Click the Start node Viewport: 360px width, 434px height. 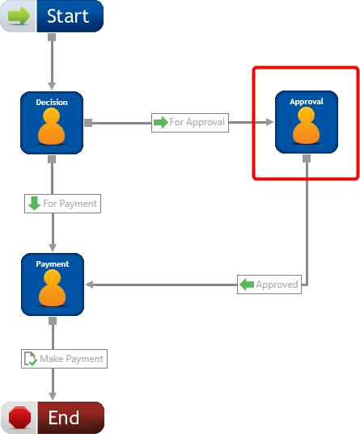(x=52, y=16)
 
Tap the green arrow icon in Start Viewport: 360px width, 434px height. (x=19, y=16)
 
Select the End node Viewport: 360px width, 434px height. (x=53, y=418)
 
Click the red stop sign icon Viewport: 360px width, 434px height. (x=19, y=417)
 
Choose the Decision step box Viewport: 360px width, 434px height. (x=52, y=123)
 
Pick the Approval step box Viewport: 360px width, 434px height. (x=307, y=122)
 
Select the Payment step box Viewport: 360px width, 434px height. (x=53, y=284)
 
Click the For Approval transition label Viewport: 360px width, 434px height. (x=190, y=123)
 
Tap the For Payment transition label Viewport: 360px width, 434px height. (x=62, y=204)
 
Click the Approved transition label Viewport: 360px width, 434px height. (x=269, y=284)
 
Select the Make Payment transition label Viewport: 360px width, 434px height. (x=64, y=359)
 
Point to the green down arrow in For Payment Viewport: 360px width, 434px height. (x=34, y=204)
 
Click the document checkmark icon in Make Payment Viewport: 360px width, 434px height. (x=31, y=359)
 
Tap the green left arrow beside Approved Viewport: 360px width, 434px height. (x=247, y=284)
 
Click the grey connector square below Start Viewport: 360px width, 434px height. (x=52, y=37)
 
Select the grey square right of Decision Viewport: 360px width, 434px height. (x=88, y=123)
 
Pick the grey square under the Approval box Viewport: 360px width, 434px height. (x=307, y=158)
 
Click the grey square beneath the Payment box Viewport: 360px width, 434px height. (x=53, y=321)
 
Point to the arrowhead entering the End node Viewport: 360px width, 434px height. (x=53, y=396)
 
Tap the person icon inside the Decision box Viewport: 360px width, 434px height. (x=52, y=126)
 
